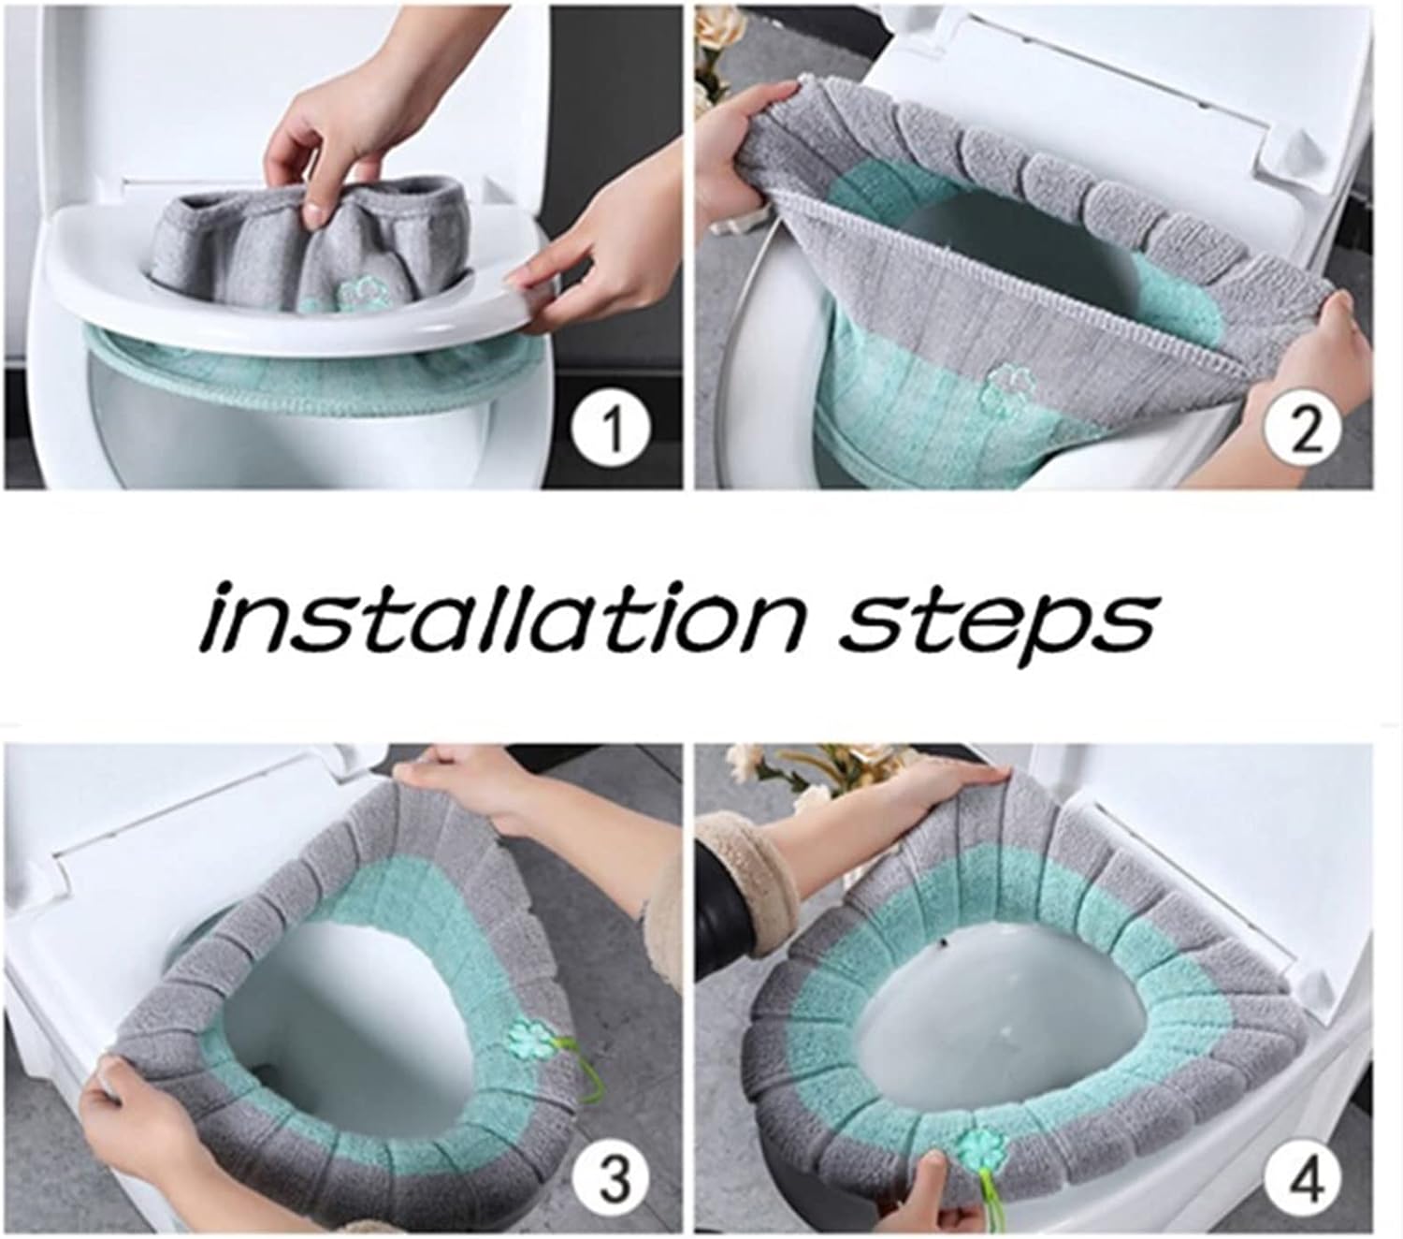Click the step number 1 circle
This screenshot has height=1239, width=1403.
point(613,431)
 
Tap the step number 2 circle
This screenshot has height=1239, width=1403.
point(1307,431)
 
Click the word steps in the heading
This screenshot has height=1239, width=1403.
point(996,619)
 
